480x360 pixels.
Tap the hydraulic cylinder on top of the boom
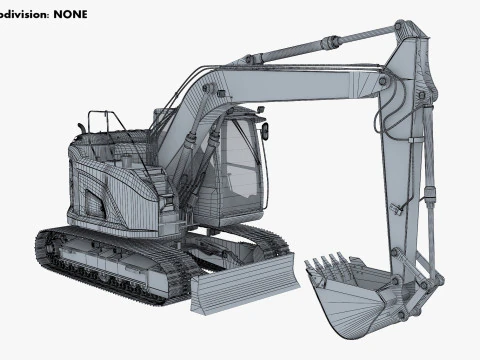[300, 47]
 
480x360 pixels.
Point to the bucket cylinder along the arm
[430, 160]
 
